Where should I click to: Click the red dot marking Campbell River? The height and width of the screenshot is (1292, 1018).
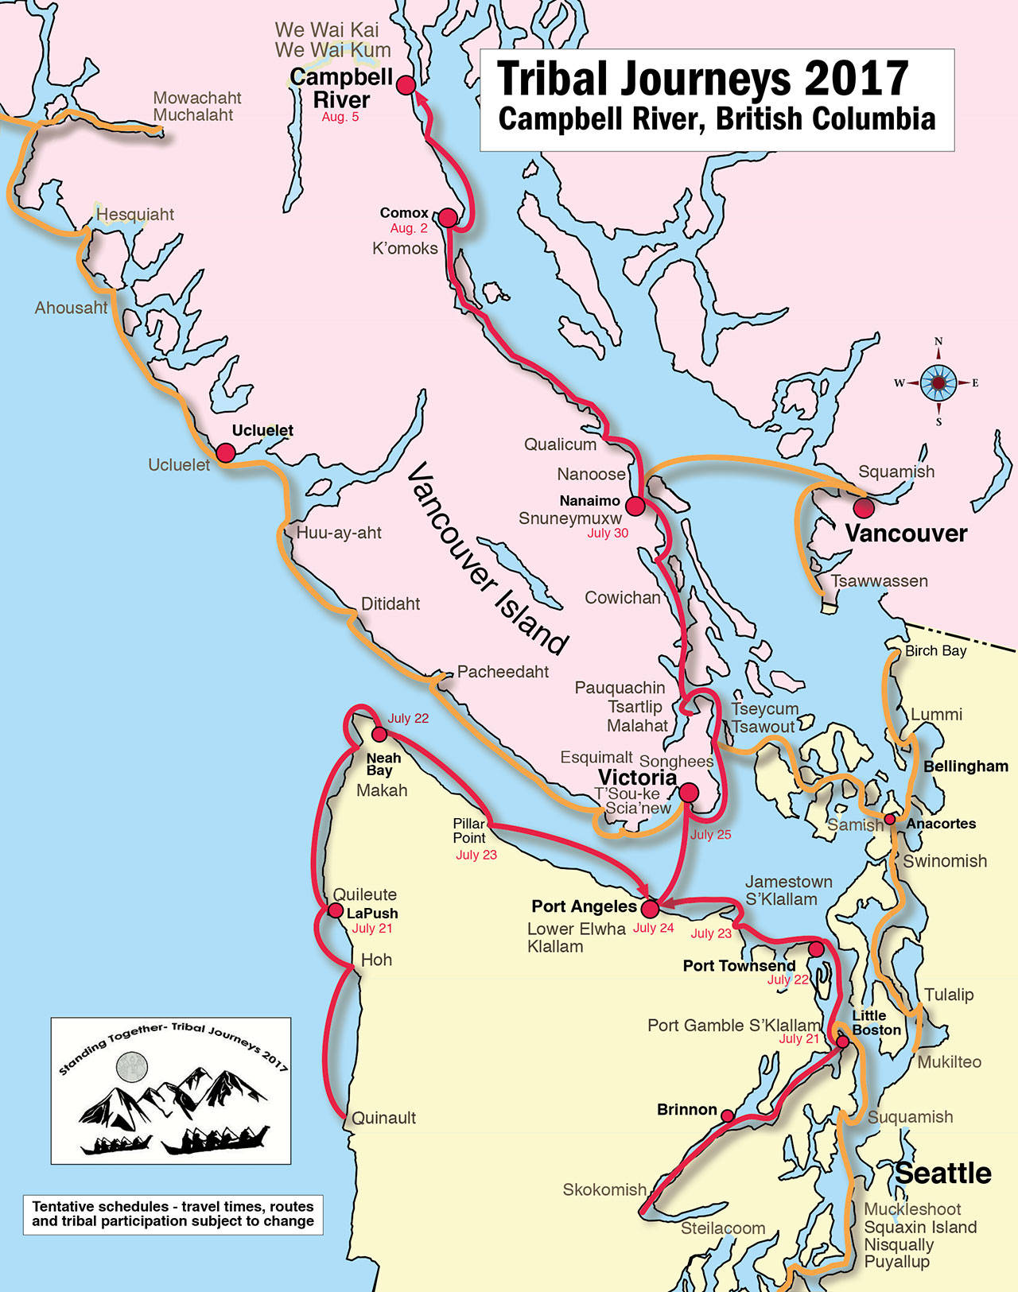(x=406, y=85)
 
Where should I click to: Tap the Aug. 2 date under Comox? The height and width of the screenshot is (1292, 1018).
(x=408, y=228)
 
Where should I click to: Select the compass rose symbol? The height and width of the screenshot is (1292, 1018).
(x=938, y=383)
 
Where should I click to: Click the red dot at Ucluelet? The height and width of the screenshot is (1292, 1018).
(x=226, y=453)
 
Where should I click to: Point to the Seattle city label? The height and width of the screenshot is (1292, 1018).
(x=943, y=1174)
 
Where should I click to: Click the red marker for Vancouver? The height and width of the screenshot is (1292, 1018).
(x=863, y=506)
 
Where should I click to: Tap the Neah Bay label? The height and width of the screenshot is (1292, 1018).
(x=383, y=764)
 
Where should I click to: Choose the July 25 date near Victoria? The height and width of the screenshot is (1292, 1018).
(x=710, y=835)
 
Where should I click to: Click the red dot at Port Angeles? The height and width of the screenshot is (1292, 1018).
(x=650, y=908)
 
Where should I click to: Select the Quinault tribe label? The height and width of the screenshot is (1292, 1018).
(x=383, y=1118)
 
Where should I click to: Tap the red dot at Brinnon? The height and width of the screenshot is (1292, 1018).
(x=727, y=1116)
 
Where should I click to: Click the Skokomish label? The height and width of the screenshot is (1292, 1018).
(x=604, y=1189)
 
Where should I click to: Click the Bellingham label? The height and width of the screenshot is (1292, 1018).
(x=966, y=766)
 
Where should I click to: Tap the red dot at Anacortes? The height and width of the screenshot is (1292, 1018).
(x=890, y=819)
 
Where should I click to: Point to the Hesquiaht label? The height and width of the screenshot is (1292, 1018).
(x=135, y=215)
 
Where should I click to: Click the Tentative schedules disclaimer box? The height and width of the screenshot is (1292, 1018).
(x=173, y=1213)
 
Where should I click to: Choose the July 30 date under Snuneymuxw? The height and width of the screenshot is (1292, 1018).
(x=608, y=533)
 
